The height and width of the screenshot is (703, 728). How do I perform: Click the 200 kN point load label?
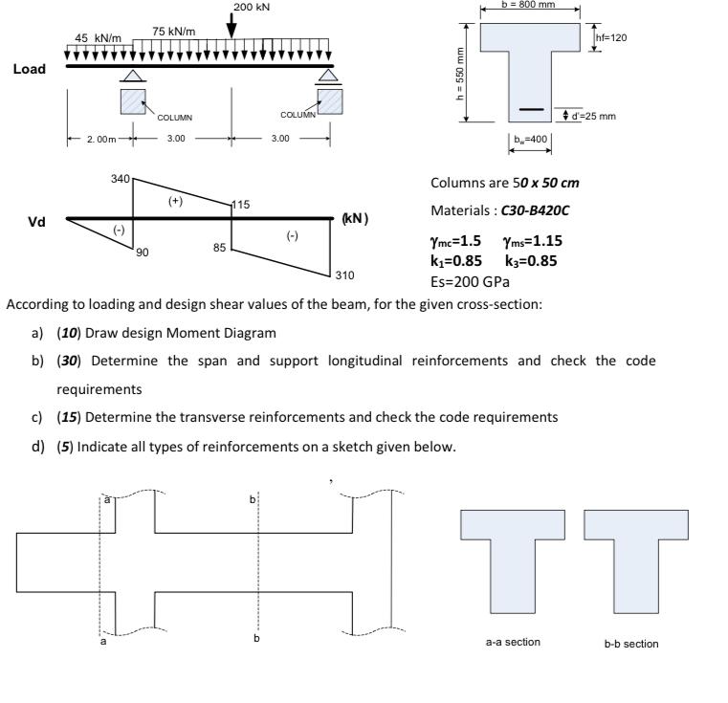(x=252, y=8)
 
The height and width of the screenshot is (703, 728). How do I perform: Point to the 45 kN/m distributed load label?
(x=99, y=37)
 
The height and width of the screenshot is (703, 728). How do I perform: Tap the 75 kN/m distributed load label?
(x=174, y=31)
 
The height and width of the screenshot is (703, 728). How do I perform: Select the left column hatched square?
(x=133, y=102)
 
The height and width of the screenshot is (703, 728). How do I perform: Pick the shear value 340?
(x=121, y=178)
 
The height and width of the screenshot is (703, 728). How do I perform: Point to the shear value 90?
(x=142, y=252)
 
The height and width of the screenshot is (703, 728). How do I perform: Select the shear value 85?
(x=219, y=248)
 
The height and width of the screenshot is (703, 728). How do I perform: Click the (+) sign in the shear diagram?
(x=175, y=202)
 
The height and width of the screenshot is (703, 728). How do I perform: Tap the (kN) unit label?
(x=354, y=219)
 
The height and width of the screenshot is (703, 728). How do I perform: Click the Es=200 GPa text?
(x=470, y=281)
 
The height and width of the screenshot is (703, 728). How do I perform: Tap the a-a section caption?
(x=513, y=642)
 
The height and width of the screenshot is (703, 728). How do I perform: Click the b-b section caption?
(x=630, y=643)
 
